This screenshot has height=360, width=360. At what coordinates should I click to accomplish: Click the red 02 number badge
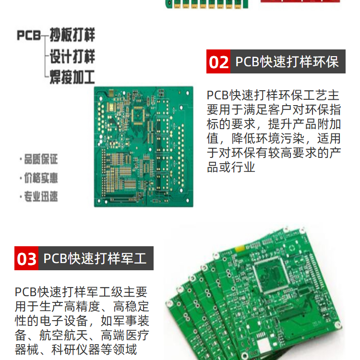pos(218,61)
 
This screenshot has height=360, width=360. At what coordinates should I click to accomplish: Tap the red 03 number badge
pos(26,258)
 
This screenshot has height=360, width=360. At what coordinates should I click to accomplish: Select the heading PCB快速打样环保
pos(287,61)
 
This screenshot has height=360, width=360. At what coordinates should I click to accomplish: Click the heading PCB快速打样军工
pos(95,258)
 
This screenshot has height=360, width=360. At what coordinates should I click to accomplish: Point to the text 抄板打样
pos(72,35)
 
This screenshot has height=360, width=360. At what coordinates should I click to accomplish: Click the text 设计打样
pos(72,56)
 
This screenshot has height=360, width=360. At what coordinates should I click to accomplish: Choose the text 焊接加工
pos(72,77)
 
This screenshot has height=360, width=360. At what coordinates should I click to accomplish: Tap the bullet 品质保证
pos(39,159)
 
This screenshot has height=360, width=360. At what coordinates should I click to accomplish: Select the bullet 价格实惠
pos(39,178)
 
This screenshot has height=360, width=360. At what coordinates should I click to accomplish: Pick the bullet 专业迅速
pos(39,196)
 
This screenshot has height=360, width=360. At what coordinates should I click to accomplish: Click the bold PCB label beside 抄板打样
pos(29,36)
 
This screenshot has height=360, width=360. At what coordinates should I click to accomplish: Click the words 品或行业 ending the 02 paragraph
pos(231,167)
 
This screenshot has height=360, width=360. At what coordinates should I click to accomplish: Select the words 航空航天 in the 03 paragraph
pos(64,335)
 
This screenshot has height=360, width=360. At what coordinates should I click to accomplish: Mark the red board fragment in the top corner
pos(300,1)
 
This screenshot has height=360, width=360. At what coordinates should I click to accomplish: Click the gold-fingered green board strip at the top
pos(207,4)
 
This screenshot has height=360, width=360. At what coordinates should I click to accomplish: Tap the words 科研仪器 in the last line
pos(76,349)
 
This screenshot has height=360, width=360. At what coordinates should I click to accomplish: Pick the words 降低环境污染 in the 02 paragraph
pos(268,138)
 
